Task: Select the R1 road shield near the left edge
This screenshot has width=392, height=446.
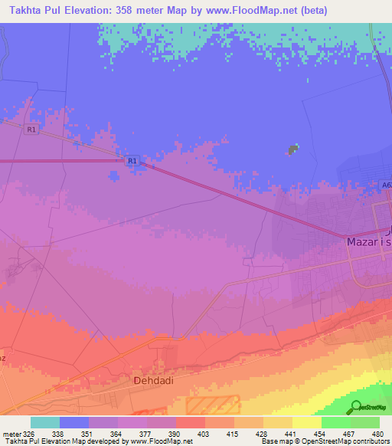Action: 31,130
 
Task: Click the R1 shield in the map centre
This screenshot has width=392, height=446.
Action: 132,161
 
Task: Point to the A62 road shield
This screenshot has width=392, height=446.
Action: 385,185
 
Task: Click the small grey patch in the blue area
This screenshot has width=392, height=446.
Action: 293,149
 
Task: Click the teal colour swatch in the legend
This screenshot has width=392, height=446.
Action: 45,422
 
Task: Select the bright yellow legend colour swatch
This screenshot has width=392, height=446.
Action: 307,422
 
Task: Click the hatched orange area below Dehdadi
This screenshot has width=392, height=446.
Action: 213,405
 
